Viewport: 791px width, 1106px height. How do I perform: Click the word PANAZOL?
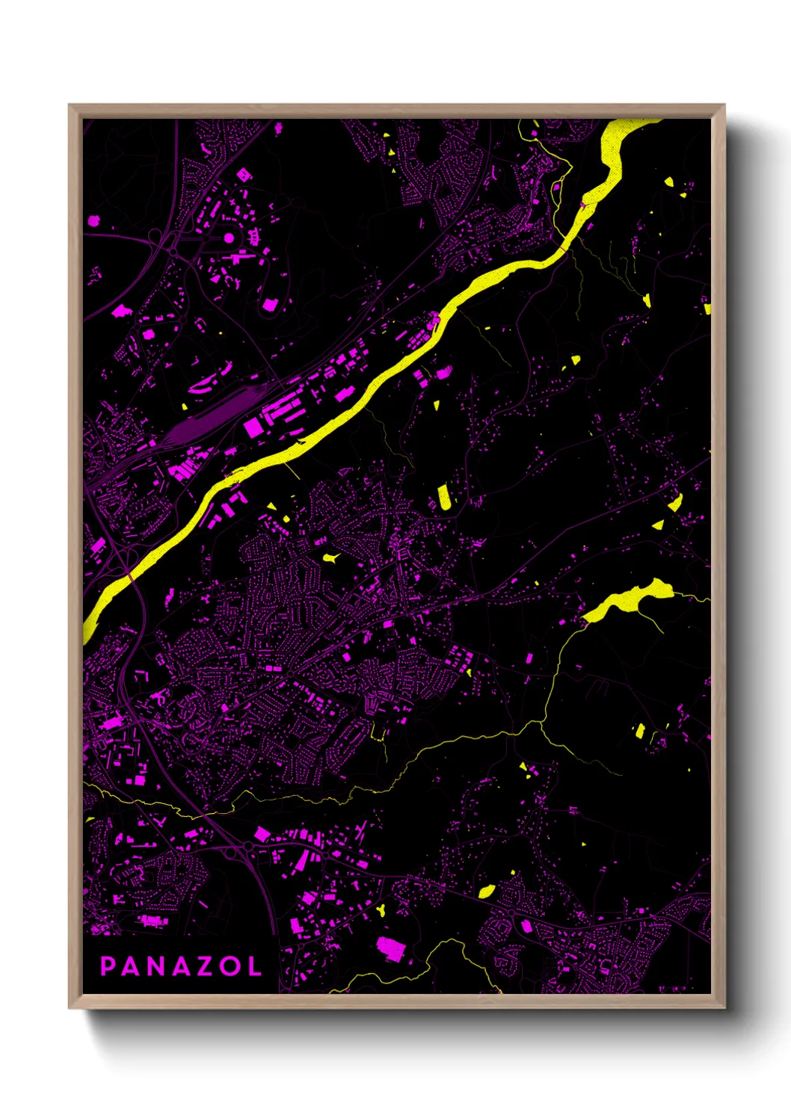pyautogui.click(x=181, y=966)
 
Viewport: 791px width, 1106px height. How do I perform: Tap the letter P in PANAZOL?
pyautogui.click(x=108, y=966)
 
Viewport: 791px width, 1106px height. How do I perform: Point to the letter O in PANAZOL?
pyautogui.click(x=230, y=966)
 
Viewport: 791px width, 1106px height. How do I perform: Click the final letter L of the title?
pyautogui.click(x=254, y=966)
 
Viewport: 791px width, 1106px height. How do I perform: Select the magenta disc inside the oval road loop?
pyautogui.click(x=229, y=238)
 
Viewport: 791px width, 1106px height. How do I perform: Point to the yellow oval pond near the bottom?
pyautogui.click(x=486, y=891)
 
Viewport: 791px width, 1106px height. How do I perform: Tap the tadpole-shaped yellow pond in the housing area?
pyautogui.click(x=330, y=557)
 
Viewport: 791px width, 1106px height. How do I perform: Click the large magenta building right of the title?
pyautogui.click(x=390, y=948)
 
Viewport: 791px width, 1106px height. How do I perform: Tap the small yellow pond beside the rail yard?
pyautogui.click(x=185, y=407)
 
